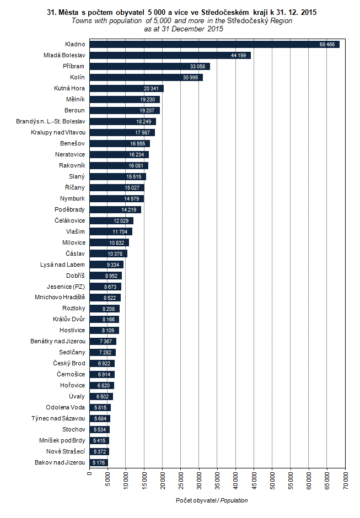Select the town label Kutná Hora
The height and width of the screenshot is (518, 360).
[x=69, y=88]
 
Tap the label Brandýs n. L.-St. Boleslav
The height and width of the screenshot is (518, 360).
[x=51, y=121]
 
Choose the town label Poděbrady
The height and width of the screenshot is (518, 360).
[x=69, y=209]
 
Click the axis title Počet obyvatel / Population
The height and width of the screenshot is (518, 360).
[x=212, y=500]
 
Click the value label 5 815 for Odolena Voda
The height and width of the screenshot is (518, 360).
[x=101, y=408]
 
